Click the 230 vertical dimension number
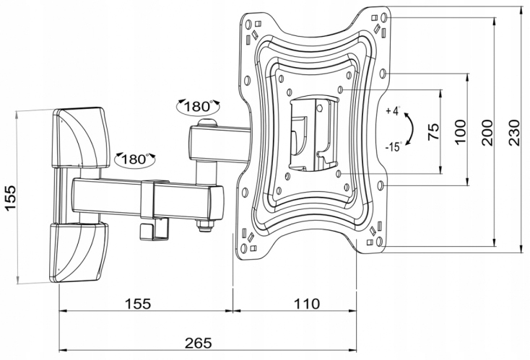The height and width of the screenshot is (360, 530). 513,132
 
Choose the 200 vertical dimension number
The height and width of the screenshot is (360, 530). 487,132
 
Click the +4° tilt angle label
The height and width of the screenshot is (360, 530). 392,111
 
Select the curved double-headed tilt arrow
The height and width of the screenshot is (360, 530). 409,129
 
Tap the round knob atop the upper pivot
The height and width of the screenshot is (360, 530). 207,125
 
